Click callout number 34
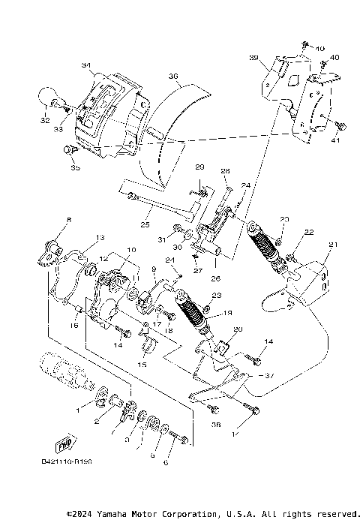85,66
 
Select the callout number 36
172,77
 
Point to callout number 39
253,58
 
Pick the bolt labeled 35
69,151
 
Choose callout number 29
199,167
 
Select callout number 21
333,245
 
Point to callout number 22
308,232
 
